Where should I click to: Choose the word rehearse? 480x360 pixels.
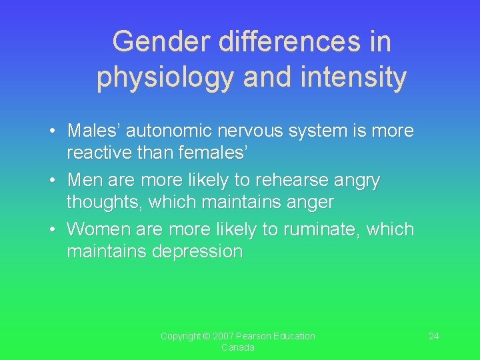[291, 180]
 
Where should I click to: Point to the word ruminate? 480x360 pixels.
[315, 229]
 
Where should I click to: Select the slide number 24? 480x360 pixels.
[433, 336]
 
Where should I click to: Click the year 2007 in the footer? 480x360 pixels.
[224, 336]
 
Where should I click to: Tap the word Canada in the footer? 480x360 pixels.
[237, 348]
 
